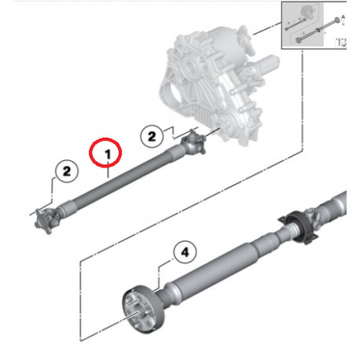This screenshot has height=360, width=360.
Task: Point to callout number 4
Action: [x=184, y=252]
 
